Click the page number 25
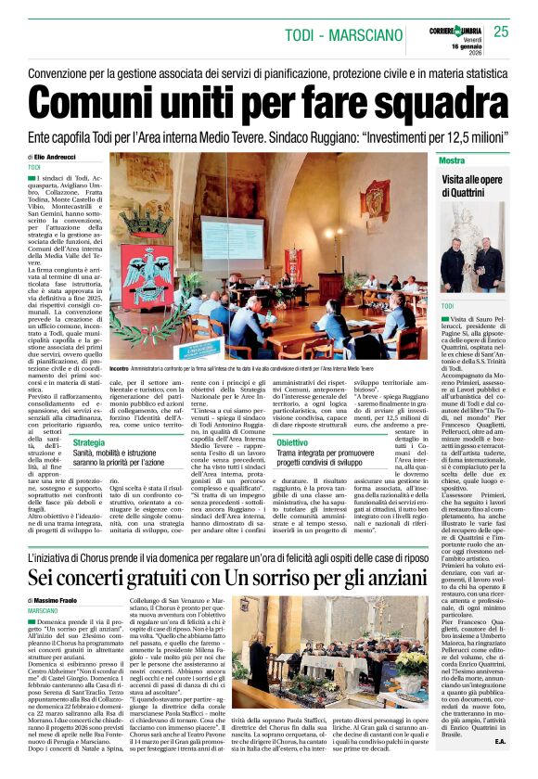[502, 32]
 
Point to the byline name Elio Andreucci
[59, 158]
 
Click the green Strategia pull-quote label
[88, 442]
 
